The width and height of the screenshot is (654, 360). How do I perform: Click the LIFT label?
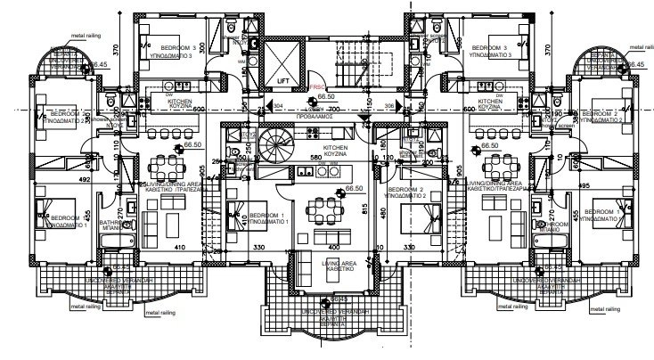(283, 81)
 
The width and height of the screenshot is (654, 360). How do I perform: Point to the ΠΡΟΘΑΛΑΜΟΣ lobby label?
(326, 114)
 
